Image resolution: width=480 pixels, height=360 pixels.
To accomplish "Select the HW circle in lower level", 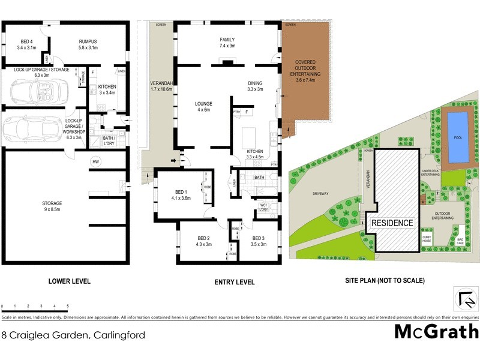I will pos(95,161).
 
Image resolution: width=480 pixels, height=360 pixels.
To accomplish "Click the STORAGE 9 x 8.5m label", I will pos(52,206).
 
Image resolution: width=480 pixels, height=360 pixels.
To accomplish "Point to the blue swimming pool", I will pos(458,137).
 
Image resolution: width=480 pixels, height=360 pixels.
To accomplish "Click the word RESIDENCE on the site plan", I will pos(392,223).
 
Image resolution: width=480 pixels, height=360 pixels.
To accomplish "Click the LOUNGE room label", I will pos(203,107).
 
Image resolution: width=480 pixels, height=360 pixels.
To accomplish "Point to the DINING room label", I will pos(255,86).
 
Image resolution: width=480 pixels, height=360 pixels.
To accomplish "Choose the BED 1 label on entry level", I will pos(181,195).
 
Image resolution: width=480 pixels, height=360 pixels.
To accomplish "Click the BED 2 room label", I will pos(203,241).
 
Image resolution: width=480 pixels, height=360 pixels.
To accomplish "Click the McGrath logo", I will pos(436,331).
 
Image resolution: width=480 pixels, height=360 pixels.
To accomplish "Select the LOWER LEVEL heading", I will pos(68,281).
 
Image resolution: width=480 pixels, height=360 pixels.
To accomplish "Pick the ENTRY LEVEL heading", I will pos(235,282).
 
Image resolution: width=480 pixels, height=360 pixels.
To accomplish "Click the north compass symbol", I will pos(463,298).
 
